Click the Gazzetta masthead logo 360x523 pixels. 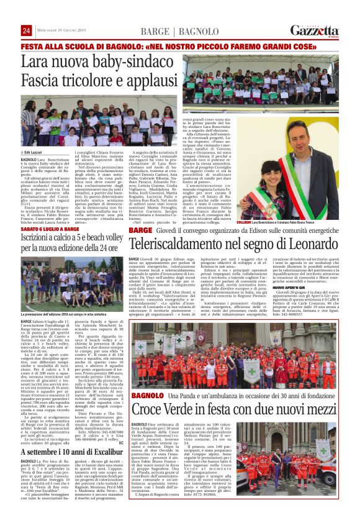click(x=316, y=30)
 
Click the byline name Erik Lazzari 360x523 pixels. click(x=35, y=152)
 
